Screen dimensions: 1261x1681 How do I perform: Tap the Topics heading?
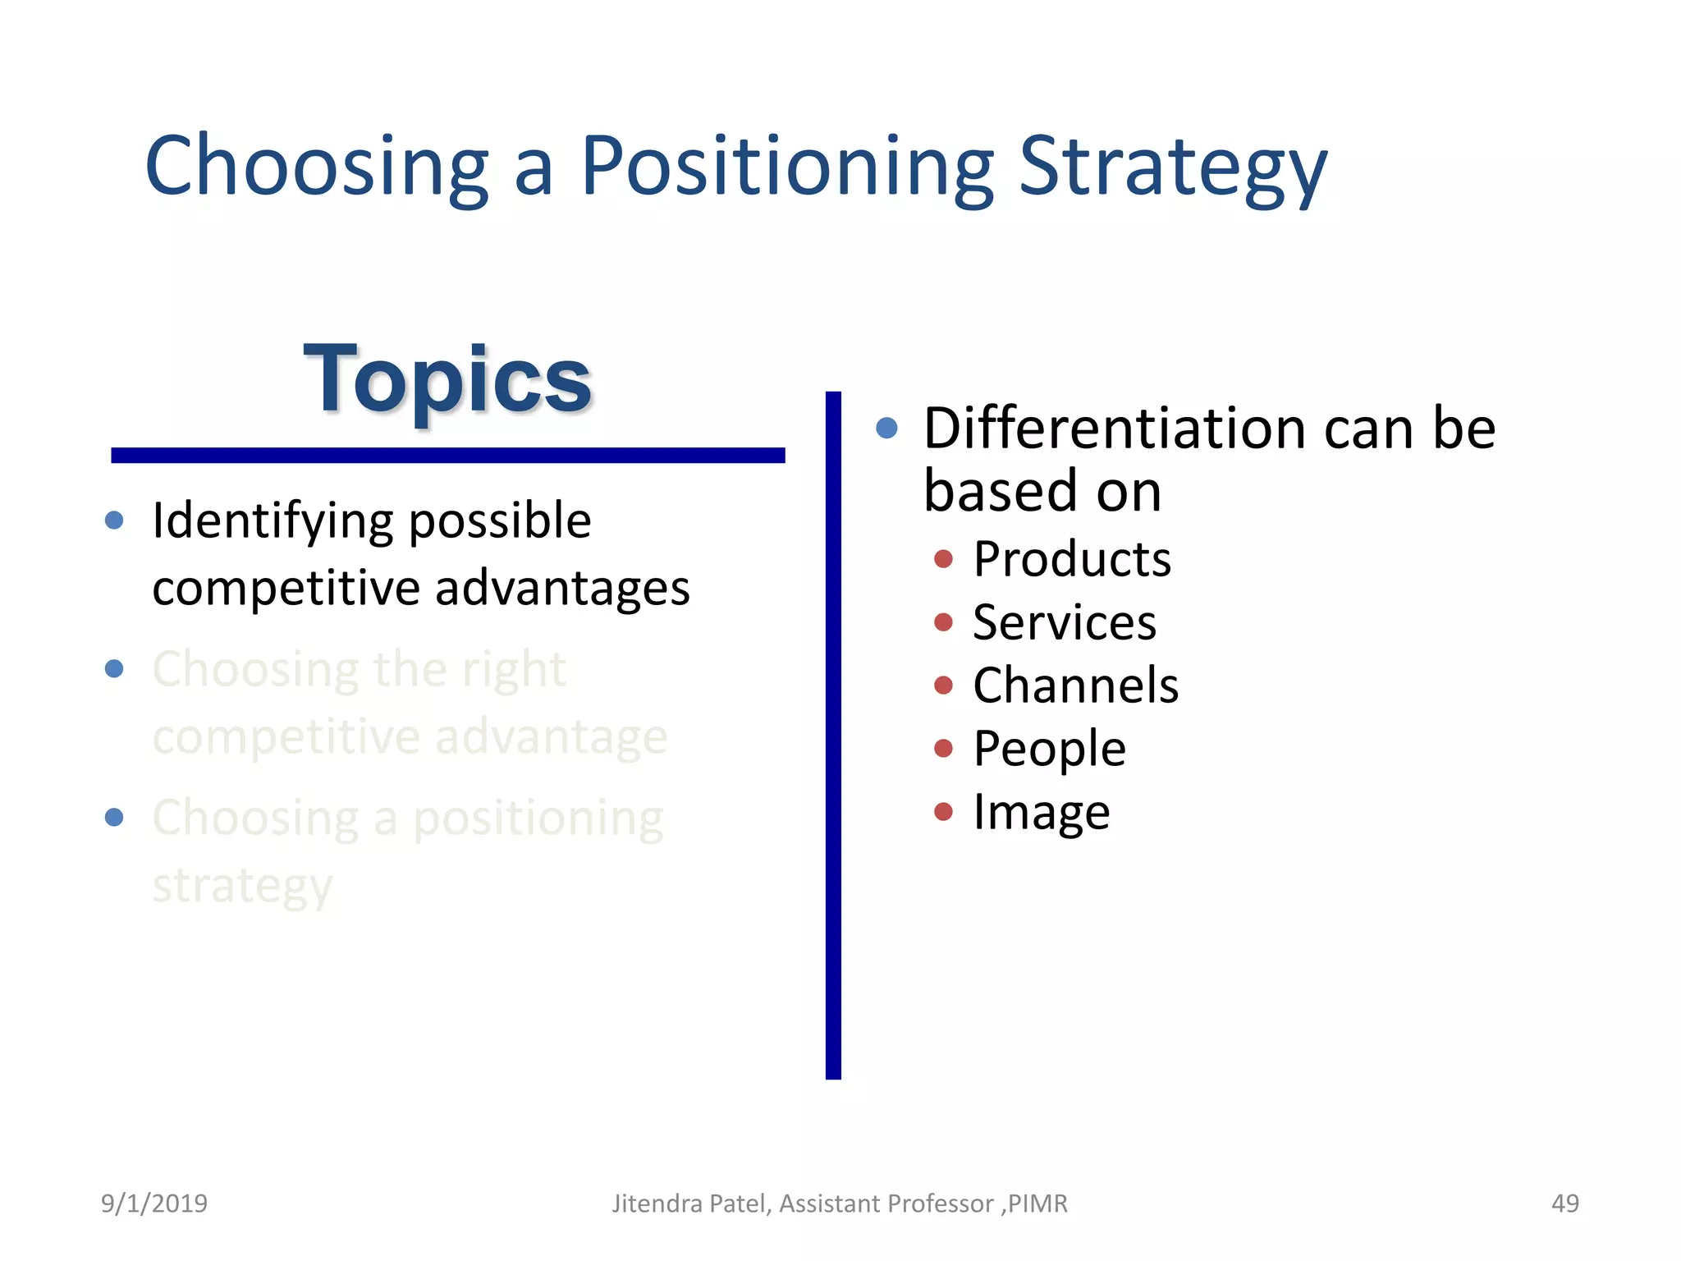point(447,380)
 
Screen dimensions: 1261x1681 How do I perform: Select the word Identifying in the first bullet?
point(273,522)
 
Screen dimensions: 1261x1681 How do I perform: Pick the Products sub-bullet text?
point(1071,560)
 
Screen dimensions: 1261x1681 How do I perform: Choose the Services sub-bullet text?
point(1064,623)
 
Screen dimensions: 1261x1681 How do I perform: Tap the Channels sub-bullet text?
point(1075,686)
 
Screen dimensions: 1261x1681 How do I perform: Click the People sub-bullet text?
point(1049,749)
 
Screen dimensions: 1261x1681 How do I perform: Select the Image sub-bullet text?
point(1041,813)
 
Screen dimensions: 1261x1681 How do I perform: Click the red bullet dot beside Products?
point(943,559)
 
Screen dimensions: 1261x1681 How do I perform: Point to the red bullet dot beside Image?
point(943,812)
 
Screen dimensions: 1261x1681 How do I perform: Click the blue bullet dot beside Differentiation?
point(886,428)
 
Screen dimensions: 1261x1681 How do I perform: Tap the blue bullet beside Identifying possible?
point(114,520)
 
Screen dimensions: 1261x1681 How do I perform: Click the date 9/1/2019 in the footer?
point(154,1204)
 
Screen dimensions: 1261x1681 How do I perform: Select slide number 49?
point(1564,1204)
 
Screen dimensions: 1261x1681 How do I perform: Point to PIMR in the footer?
point(1037,1204)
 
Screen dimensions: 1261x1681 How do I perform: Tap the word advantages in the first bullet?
point(562,589)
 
